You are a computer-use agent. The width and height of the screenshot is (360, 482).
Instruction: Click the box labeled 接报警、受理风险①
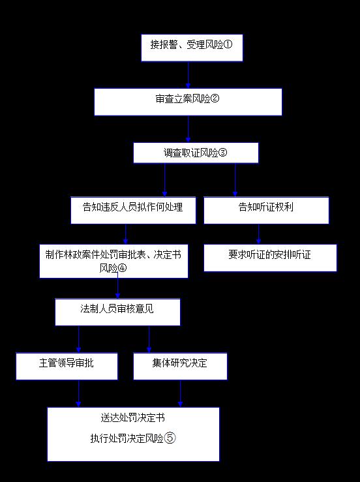192,48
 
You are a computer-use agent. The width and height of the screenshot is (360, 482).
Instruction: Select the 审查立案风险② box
188,102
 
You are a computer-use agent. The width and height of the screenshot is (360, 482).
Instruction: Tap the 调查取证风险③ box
196,153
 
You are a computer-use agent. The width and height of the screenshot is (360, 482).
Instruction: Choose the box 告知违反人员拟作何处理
133,210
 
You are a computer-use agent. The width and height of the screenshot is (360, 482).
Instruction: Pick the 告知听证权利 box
266,210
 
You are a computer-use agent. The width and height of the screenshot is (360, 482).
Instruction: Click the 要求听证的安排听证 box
270,258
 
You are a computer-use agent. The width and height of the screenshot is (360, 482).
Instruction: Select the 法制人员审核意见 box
117,312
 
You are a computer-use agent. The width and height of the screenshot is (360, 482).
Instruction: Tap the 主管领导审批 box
67,366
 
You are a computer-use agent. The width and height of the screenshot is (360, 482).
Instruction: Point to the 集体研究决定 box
180,366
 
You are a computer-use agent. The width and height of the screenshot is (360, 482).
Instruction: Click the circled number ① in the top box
228,44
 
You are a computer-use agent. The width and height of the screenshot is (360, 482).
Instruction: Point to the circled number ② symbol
215,98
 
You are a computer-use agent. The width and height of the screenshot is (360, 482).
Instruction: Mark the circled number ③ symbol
222,153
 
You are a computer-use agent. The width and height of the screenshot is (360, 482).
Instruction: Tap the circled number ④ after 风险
123,268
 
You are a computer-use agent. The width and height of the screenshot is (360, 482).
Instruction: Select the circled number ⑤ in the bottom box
170,438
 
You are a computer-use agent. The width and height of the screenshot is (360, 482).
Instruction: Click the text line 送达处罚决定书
133,417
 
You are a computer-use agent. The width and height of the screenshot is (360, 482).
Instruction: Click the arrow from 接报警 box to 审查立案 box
188,75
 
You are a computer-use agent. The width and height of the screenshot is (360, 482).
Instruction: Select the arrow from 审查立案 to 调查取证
188,129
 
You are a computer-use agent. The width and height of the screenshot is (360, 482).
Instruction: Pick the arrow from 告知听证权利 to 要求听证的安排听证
258,234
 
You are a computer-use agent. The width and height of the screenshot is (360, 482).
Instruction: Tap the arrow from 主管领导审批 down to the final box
79,393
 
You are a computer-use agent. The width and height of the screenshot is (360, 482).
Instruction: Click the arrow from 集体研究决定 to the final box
181,393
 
